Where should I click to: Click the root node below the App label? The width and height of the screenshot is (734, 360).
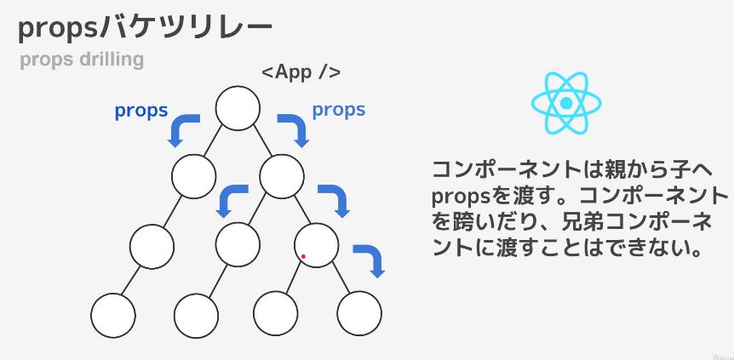[x=238, y=107]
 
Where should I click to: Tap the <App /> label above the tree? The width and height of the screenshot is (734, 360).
[x=301, y=71]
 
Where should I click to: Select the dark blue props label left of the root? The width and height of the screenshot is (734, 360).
[x=141, y=111]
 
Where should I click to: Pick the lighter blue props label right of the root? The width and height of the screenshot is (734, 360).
[x=339, y=110]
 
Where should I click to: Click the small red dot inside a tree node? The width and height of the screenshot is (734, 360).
[x=303, y=255]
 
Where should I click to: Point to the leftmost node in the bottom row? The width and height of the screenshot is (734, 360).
[x=113, y=313]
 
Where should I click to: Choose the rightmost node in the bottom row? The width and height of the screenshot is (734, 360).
[x=359, y=313]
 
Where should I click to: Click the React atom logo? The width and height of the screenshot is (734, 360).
[x=566, y=103]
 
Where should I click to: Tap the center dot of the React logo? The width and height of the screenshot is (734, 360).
[x=566, y=103]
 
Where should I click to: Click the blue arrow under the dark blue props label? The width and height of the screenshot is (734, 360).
[x=184, y=131]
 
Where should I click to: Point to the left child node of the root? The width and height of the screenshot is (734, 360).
[x=193, y=175]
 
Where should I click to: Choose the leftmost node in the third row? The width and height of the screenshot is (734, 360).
[x=152, y=244]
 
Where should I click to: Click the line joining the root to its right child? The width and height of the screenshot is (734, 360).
[x=259, y=140]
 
